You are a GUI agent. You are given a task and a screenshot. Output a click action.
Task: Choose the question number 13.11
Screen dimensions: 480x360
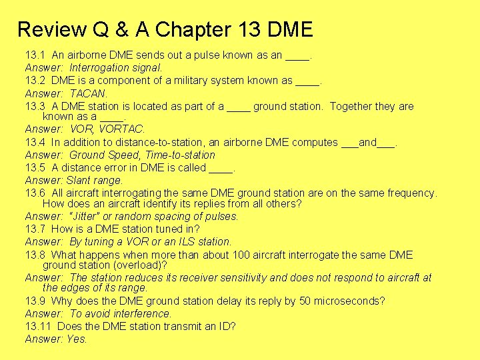(38, 326)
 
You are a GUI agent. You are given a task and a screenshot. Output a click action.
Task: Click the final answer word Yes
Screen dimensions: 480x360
(77, 339)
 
